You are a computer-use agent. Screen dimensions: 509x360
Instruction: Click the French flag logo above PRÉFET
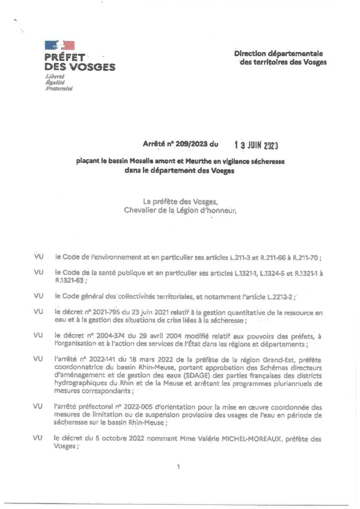(x=60, y=46)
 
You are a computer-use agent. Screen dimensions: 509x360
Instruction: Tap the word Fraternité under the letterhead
(x=59, y=88)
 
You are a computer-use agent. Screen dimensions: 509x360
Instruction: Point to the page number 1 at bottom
(x=178, y=466)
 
